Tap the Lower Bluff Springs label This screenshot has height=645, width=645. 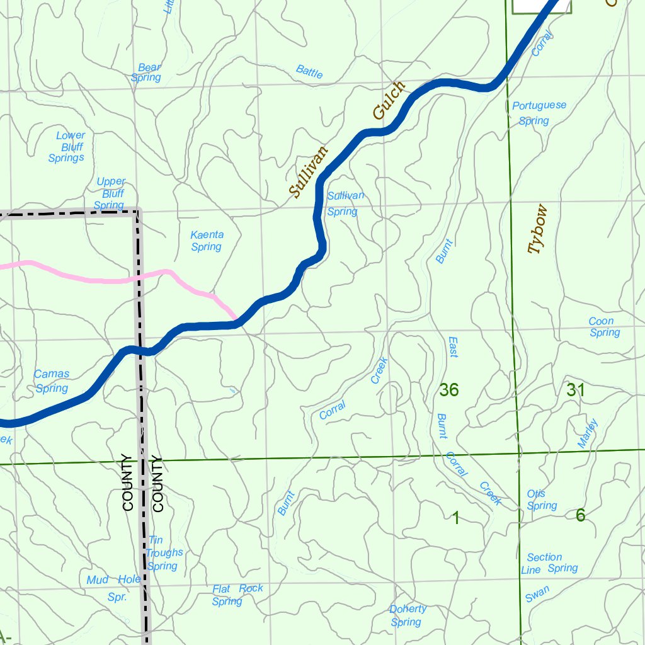[68, 147]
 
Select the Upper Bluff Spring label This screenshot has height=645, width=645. [110, 193]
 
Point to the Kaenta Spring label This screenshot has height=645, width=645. [207, 241]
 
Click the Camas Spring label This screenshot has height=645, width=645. [52, 381]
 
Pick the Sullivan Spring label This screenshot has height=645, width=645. [345, 203]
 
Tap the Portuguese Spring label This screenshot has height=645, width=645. [539, 113]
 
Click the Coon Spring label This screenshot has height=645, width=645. [603, 327]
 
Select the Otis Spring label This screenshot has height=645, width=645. [540, 499]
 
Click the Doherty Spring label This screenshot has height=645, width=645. [407, 615]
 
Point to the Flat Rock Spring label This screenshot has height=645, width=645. [236, 595]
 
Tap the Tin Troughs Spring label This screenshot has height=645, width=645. [163, 553]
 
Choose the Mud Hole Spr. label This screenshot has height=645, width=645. [114, 587]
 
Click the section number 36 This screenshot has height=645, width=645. [448, 391]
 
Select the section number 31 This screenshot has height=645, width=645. [575, 391]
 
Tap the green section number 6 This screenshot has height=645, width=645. [580, 515]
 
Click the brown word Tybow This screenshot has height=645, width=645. [537, 229]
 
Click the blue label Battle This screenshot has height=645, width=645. [309, 72]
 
